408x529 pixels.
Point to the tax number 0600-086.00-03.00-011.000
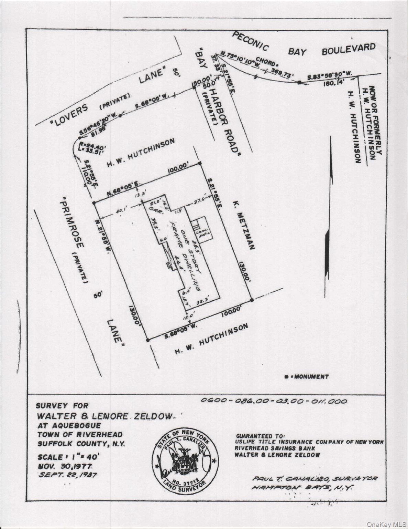(x=273, y=401)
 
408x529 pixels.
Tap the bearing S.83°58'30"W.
(x=325, y=77)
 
